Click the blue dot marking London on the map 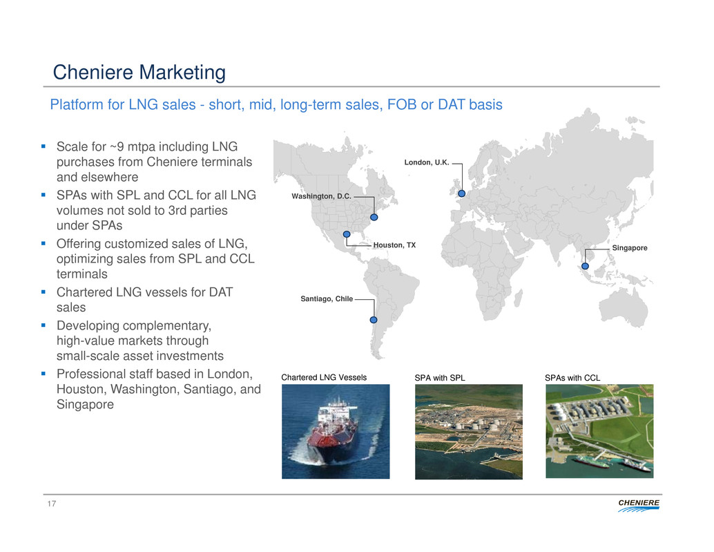pyautogui.click(x=462, y=193)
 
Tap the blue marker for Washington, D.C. pyautogui.click(x=374, y=217)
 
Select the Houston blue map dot pyautogui.click(x=347, y=234)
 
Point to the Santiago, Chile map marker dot pyautogui.click(x=374, y=320)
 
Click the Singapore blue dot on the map pyautogui.click(x=585, y=266)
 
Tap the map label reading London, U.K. pyautogui.click(x=427, y=162)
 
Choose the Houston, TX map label pyautogui.click(x=394, y=245)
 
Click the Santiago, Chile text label pyautogui.click(x=327, y=298)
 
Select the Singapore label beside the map pyautogui.click(x=629, y=248)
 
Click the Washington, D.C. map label pyautogui.click(x=322, y=196)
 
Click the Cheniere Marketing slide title pyautogui.click(x=139, y=72)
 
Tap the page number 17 pyautogui.click(x=52, y=503)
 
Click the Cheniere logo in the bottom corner pyautogui.click(x=639, y=505)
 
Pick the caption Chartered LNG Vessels pyautogui.click(x=324, y=377)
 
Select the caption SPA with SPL pyautogui.click(x=439, y=378)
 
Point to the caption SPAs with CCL pyautogui.click(x=572, y=378)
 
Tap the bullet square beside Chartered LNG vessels pyautogui.click(x=44, y=292)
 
